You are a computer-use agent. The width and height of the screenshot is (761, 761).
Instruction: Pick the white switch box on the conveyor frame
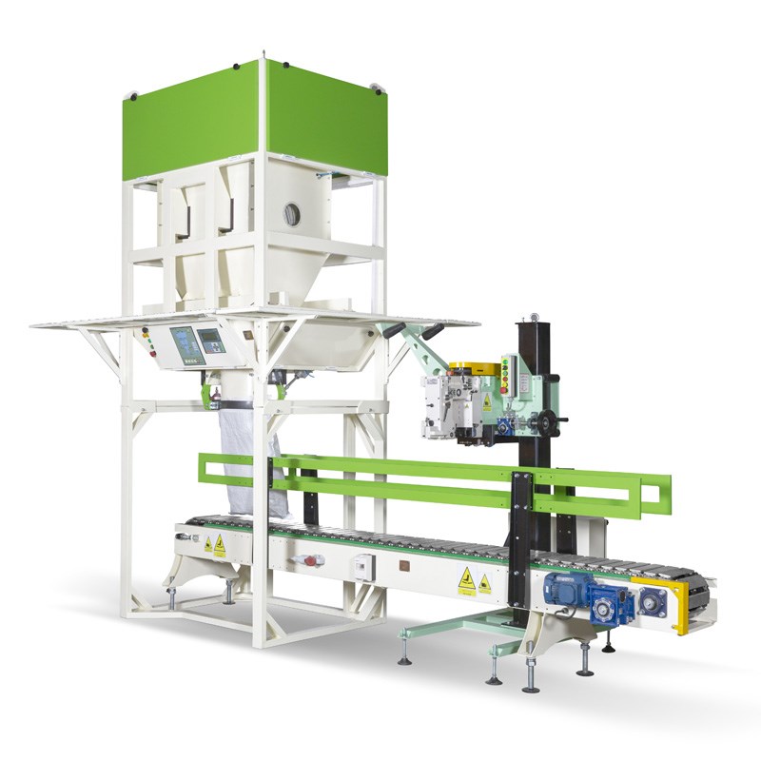364,565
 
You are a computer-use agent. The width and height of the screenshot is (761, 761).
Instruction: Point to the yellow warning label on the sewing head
486,401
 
